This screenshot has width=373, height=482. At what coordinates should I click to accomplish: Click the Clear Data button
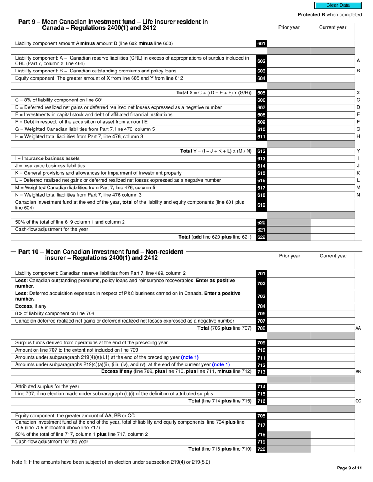pos(338,5)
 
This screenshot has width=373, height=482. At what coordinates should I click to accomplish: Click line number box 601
pos(261,44)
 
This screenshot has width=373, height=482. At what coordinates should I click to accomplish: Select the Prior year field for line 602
pos(289,61)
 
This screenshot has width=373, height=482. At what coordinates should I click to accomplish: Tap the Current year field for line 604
pos(332,78)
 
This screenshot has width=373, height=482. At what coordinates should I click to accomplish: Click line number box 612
pos(261,151)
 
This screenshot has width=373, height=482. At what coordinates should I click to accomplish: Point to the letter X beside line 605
pos(358,93)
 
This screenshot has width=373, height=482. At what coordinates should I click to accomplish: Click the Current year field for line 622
pos(332,237)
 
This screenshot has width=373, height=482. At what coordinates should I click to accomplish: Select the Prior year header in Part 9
pos(289,27)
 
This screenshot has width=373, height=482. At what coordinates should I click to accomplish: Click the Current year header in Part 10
pos(333,256)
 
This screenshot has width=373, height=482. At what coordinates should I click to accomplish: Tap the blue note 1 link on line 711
pos(190,357)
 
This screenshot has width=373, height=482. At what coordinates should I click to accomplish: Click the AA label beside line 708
pos(358,328)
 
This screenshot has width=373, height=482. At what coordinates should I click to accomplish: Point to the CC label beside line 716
pos(358,401)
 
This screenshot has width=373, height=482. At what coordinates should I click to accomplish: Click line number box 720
pos(261,449)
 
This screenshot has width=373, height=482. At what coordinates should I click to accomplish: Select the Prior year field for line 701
pos(289,274)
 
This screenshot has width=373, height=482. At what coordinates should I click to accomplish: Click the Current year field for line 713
pos(332,372)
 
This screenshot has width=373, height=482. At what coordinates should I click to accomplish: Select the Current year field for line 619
pos(332,205)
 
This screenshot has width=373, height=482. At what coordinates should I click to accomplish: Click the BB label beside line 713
pos(358,372)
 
